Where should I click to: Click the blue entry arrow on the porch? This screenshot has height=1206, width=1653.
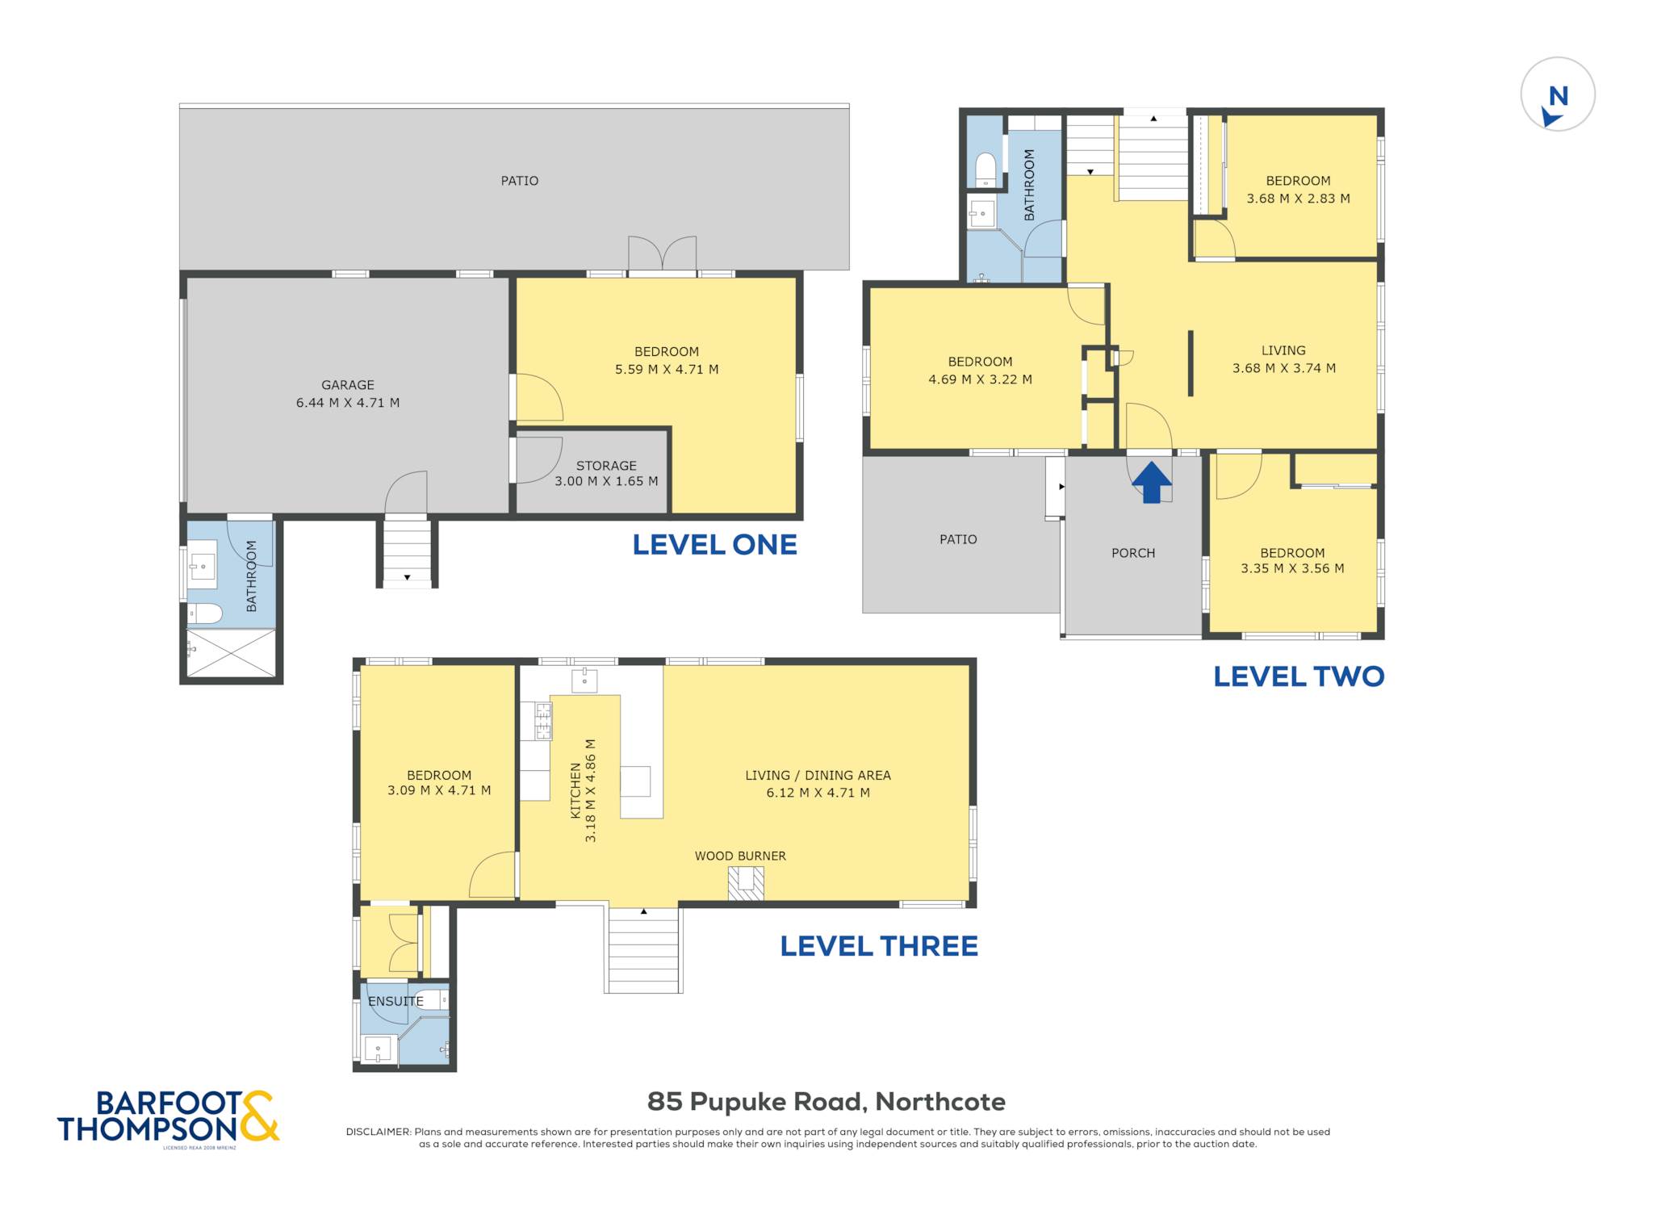[1151, 482]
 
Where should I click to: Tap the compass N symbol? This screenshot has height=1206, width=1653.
[1558, 98]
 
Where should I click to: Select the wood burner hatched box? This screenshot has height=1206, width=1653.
[746, 883]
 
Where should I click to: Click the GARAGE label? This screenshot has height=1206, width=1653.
[348, 385]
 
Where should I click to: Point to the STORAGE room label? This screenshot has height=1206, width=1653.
[606, 466]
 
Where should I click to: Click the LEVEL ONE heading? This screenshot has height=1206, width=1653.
[714, 545]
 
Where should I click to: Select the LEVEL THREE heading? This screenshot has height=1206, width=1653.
[879, 946]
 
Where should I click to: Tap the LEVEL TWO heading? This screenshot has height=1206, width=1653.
[1299, 676]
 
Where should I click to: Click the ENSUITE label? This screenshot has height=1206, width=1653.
[395, 1001]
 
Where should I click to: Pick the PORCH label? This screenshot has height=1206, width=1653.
[1133, 553]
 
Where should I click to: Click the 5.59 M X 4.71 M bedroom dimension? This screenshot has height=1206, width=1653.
[667, 370]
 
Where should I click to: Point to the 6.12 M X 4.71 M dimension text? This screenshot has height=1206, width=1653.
[818, 793]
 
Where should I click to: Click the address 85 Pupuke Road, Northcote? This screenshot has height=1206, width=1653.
[826, 1101]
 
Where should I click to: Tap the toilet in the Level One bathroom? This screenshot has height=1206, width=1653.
[205, 613]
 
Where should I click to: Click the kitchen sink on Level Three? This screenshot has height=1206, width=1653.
[584, 680]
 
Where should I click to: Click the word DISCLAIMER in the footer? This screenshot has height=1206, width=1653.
[378, 1132]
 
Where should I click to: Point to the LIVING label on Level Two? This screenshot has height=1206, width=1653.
[1283, 350]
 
